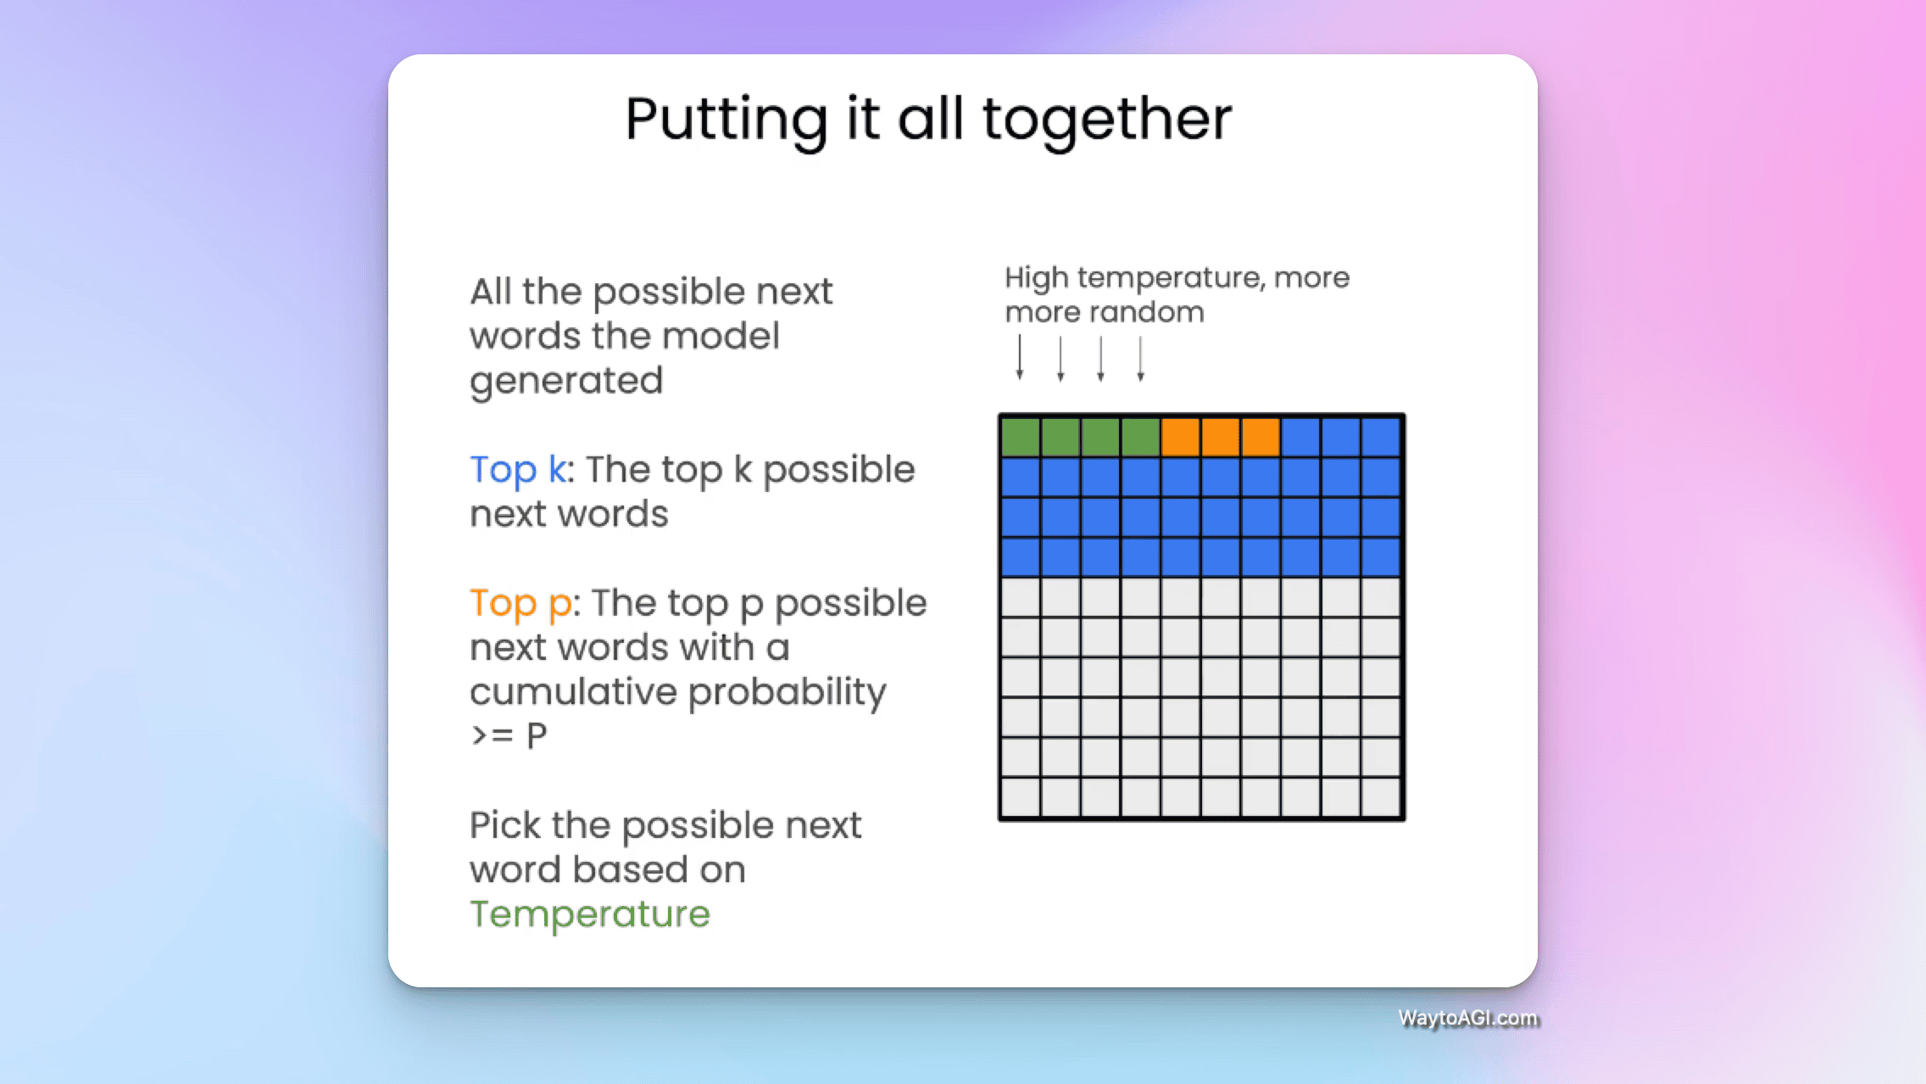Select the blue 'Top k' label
(518, 470)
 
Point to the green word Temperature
(590, 914)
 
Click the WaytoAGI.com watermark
(1467, 1018)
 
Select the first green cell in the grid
(1021, 438)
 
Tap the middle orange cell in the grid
(1221, 438)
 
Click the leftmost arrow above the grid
(1020, 357)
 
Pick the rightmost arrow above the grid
(1141, 358)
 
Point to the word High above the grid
(1037, 278)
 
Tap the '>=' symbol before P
(493, 735)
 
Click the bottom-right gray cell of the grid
(1381, 797)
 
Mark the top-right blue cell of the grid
(1381, 438)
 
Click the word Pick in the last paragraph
(504, 825)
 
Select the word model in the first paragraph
(721, 336)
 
